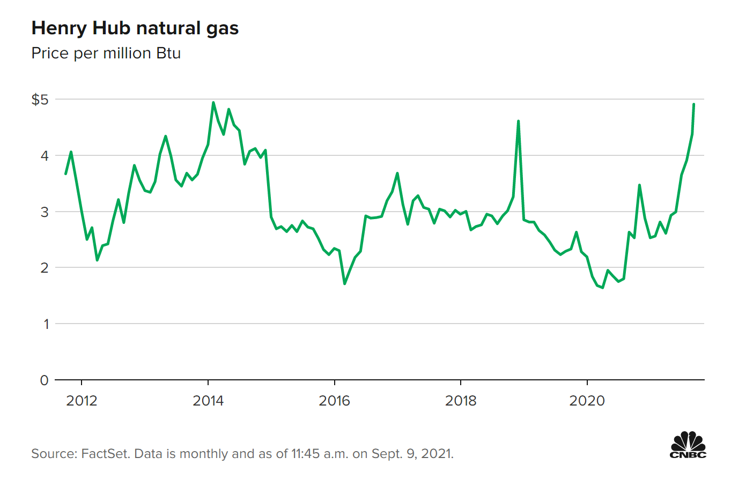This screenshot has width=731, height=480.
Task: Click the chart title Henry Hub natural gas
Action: [135, 28]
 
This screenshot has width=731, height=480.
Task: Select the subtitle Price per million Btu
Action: [106, 54]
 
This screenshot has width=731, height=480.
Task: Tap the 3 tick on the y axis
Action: [46, 212]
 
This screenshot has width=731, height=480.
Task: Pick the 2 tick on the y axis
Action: [46, 267]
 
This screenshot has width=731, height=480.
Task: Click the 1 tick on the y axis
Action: [46, 324]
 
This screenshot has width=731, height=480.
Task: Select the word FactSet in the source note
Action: [104, 454]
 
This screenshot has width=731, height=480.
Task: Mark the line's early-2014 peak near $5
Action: [213, 102]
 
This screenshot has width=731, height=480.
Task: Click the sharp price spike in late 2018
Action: [518, 121]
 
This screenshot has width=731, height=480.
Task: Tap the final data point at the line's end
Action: [694, 104]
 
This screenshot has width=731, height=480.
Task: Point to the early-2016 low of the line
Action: [344, 283]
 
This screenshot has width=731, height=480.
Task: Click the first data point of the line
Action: [65, 174]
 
